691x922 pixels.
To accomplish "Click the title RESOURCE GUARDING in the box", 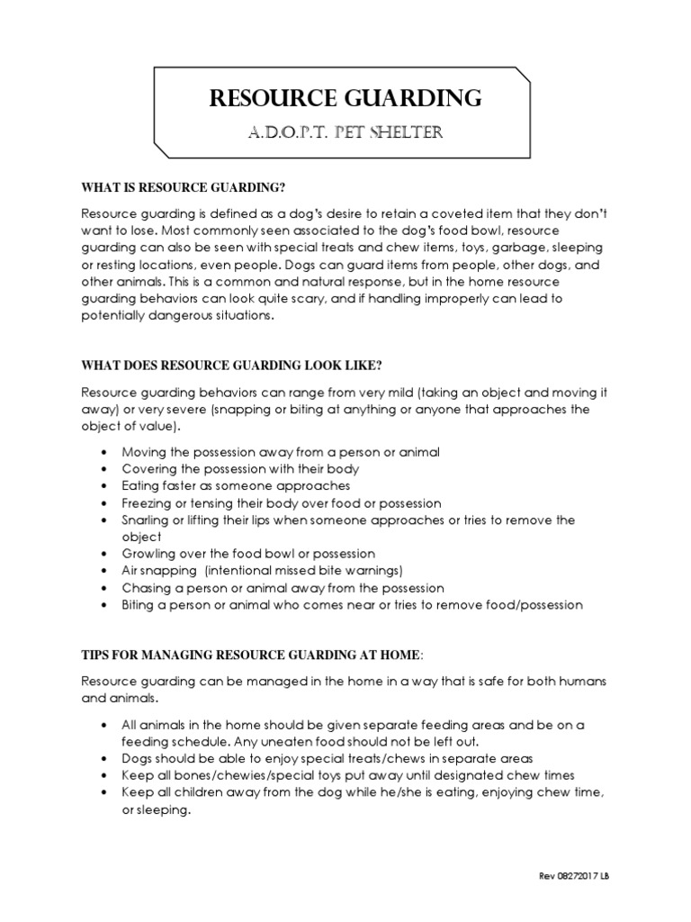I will (345, 98).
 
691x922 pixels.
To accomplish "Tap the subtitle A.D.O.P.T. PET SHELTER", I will (345, 132).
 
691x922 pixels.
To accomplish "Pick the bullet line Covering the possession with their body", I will (240, 469).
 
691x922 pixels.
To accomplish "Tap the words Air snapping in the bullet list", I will (158, 571).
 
